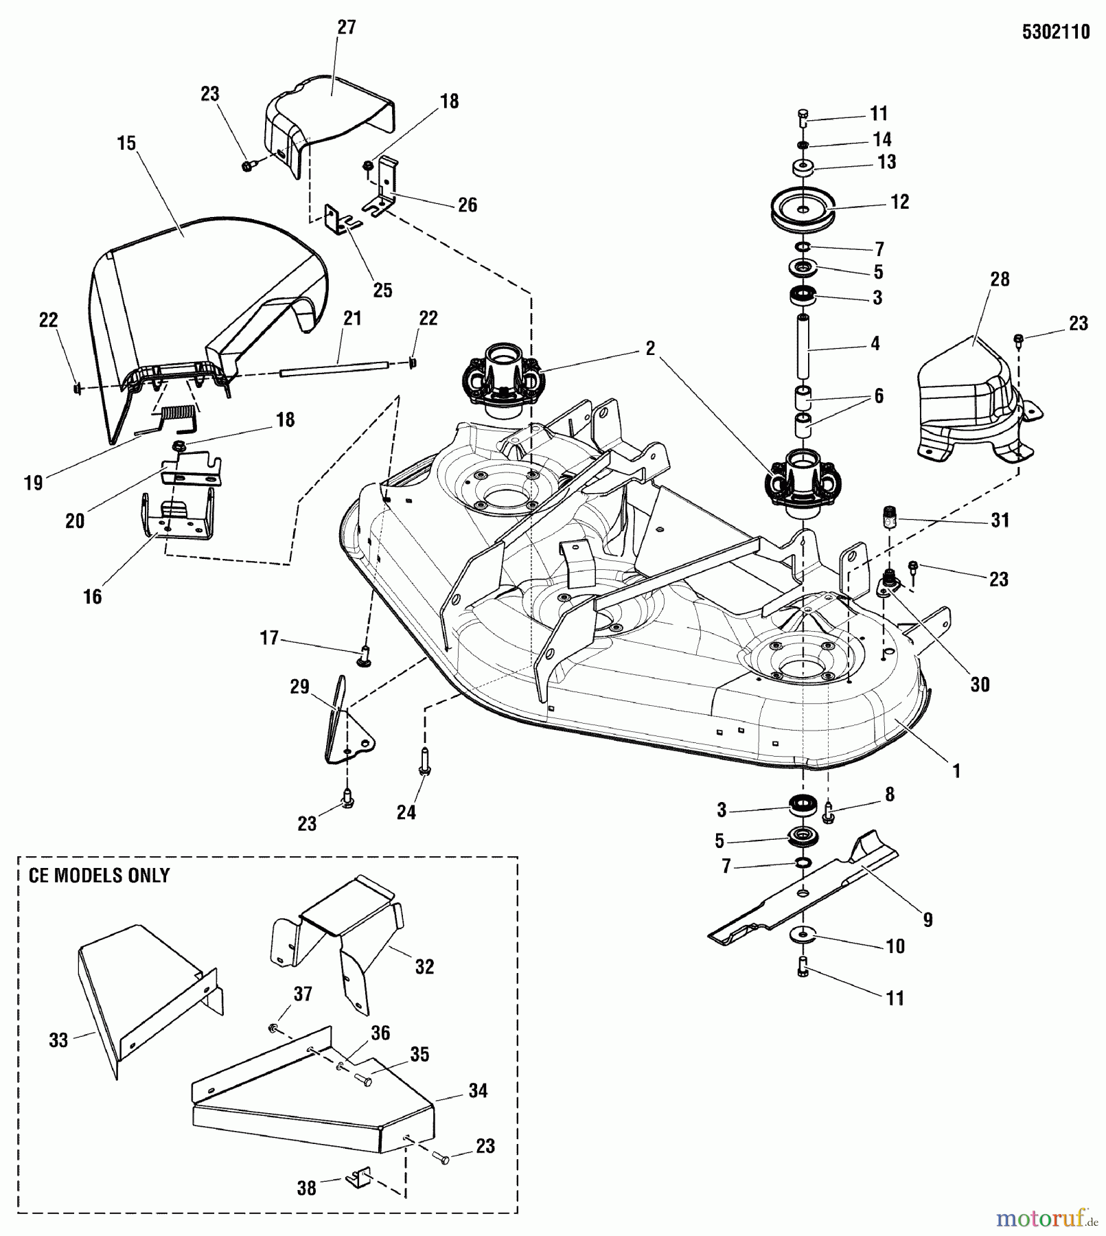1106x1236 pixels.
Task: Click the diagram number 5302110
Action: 1055,32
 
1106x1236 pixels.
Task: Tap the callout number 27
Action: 347,27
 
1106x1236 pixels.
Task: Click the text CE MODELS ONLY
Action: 99,875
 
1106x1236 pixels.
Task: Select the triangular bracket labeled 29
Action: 347,728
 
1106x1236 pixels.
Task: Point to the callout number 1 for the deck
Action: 956,770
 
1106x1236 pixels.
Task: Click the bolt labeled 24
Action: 424,761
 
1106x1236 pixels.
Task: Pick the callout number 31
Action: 1000,520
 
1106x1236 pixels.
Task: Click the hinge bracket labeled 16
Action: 177,518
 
